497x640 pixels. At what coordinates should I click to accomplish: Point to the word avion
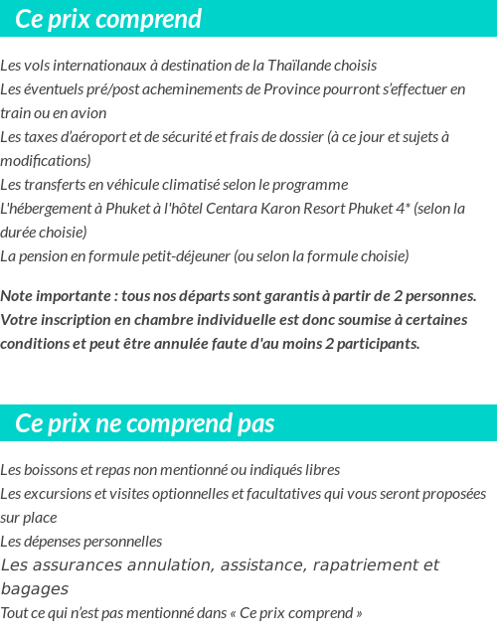point(87,113)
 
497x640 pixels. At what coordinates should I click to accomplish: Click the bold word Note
point(19,296)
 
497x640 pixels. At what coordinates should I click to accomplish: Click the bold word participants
point(376,344)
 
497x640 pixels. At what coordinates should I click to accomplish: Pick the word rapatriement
point(367,565)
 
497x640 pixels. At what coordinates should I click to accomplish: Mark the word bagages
point(35,589)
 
